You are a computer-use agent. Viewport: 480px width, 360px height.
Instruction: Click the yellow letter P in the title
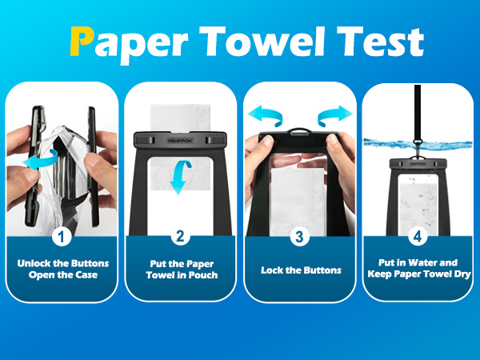81,41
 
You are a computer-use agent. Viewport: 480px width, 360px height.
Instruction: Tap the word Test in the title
380,42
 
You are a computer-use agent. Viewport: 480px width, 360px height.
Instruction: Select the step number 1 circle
62,236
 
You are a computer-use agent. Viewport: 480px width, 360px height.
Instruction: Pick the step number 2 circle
180,236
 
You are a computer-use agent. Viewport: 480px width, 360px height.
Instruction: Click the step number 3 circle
299,236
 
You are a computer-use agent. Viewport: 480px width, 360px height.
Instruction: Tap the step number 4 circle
418,236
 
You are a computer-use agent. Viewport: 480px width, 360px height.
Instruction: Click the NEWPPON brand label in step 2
180,140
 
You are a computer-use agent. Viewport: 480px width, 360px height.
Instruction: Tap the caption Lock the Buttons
301,270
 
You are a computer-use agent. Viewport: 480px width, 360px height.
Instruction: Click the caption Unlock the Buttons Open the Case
63,269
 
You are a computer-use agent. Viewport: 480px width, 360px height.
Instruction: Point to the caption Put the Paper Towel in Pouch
182,270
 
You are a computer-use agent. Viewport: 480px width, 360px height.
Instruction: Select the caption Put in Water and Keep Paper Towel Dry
418,268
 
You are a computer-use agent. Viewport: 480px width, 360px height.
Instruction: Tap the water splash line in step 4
418,144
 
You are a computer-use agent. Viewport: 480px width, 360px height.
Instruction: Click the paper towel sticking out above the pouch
180,118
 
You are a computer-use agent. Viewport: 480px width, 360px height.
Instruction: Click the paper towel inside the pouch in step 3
298,202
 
